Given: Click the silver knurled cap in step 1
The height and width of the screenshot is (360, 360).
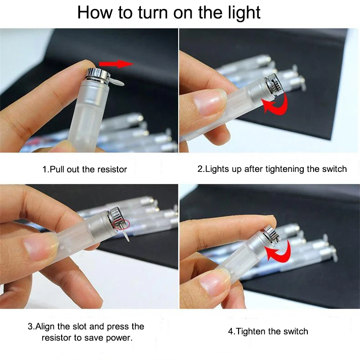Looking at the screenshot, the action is click(98, 74).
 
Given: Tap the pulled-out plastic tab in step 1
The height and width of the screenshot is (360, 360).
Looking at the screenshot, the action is click(116, 81).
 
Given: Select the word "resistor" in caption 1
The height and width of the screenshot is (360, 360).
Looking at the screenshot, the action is click(112, 170).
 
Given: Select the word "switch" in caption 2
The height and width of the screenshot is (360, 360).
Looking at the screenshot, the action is click(334, 169).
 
